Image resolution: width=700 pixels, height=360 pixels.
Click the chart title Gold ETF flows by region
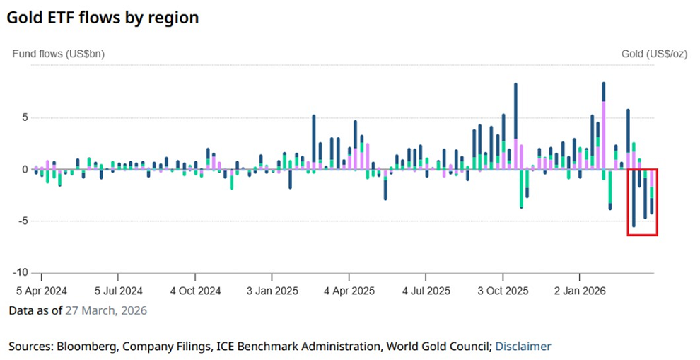103,18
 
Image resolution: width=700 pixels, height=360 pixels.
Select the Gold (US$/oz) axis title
655,54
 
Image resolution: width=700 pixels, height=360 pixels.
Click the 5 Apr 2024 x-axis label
42,291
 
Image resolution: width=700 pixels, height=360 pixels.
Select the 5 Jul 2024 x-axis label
119,291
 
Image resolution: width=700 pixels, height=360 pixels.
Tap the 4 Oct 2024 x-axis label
196,291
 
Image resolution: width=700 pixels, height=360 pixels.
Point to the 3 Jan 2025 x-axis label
272,291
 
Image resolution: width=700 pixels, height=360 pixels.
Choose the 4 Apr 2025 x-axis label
349,291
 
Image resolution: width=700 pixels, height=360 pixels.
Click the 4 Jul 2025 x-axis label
426,291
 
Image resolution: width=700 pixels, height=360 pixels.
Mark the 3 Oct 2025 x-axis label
503,291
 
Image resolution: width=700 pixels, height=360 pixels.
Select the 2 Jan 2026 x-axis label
580,291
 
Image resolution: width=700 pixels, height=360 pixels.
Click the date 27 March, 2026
106,310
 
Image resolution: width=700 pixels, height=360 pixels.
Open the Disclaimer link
523,347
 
